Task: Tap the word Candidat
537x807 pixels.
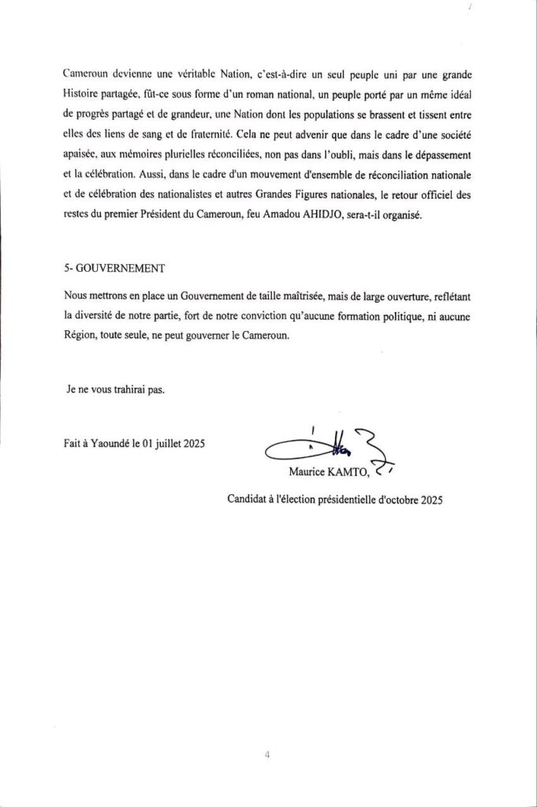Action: [250, 499]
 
